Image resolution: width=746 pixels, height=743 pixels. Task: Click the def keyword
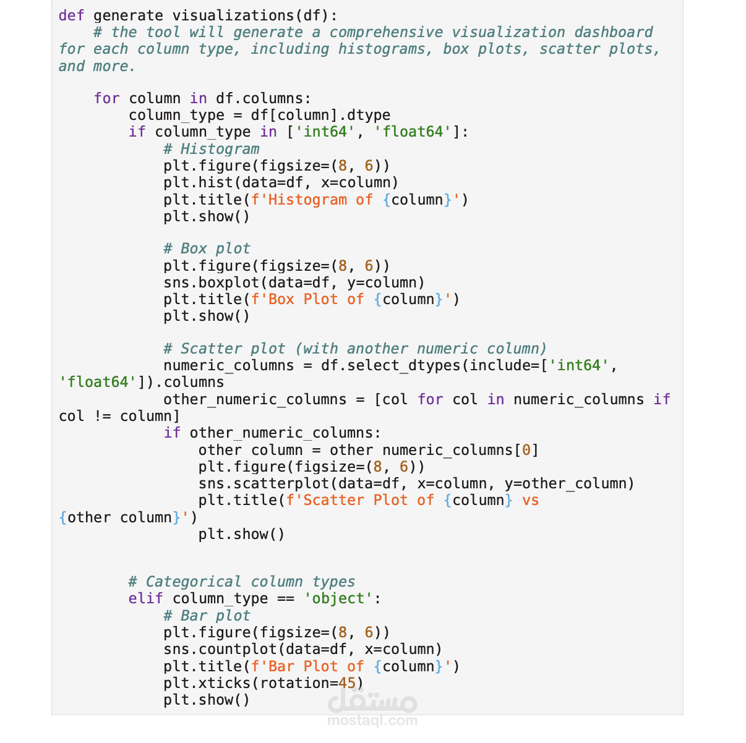coord(71,16)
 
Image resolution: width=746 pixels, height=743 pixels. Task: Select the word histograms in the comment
coord(385,49)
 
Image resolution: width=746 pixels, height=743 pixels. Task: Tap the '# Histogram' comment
coord(212,149)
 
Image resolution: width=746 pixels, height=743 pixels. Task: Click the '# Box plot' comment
coord(207,248)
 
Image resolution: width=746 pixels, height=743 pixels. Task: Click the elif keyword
coord(145,598)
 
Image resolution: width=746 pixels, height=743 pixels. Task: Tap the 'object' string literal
coord(338,598)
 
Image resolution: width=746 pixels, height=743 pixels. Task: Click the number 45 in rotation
coord(347,683)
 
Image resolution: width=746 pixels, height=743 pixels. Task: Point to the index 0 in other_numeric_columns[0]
coord(526,450)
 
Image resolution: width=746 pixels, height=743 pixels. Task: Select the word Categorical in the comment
coord(194,582)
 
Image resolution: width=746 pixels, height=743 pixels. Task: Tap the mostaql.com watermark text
coord(372,721)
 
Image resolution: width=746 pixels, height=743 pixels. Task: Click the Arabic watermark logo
coord(372,700)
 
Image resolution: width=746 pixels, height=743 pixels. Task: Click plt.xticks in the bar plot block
coord(207,683)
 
